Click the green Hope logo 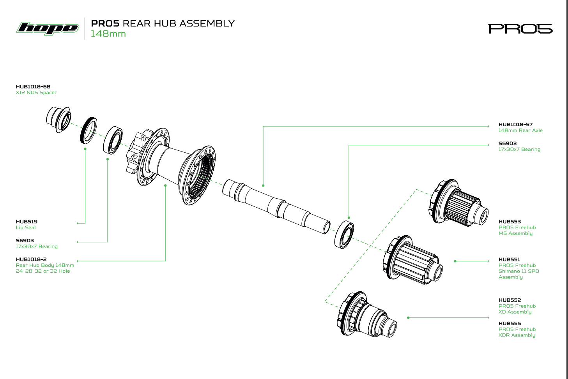coord(47,28)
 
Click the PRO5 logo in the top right coord(520,29)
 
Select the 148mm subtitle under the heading coord(108,34)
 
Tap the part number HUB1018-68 coord(33,86)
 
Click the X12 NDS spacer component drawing coord(58,119)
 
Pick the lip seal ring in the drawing coord(88,130)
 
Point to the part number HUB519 coord(27,222)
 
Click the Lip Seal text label coord(26,227)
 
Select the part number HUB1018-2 coord(31,259)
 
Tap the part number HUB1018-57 coord(515,125)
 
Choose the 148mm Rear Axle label coord(520,130)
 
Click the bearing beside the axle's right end coord(344,234)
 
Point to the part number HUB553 coord(510,222)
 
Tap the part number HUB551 coord(509,259)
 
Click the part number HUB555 coord(510,323)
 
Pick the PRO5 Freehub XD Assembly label coord(517,309)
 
